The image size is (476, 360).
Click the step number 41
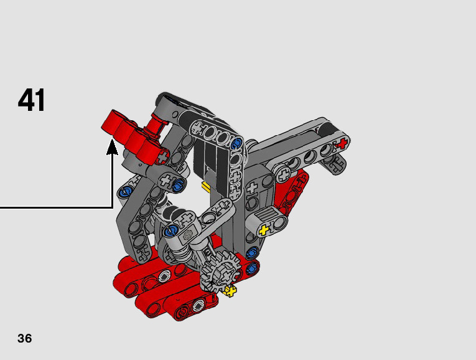(32, 100)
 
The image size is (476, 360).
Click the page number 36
(25, 338)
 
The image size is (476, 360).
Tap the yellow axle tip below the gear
(230, 291)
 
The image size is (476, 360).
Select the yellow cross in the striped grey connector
(263, 230)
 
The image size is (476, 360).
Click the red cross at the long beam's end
(342, 143)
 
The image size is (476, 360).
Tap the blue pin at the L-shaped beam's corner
(237, 143)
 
